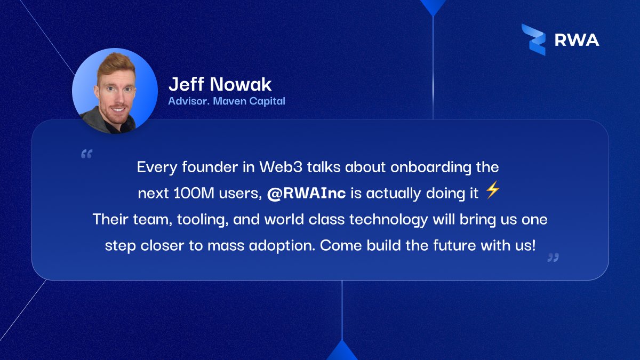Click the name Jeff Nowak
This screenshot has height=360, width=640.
coord(220,84)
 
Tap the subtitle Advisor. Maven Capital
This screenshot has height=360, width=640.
coord(227,101)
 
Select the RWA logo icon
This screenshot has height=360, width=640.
coord(533,39)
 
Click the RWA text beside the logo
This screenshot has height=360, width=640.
coord(577,40)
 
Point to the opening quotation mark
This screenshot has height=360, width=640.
coord(86,154)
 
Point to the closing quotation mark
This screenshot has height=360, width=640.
coord(553,258)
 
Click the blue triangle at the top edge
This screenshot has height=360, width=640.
coord(433,6)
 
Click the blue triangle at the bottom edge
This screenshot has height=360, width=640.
coord(342,352)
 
